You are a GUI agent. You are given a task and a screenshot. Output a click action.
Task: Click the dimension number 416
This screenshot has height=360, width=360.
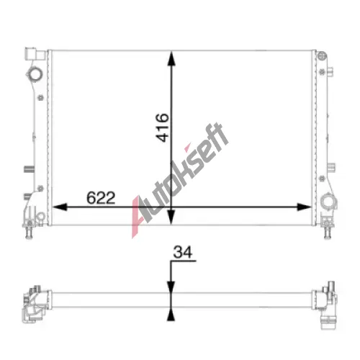click(x=163, y=127)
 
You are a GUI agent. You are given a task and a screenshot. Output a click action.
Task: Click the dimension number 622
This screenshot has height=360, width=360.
click(x=101, y=198)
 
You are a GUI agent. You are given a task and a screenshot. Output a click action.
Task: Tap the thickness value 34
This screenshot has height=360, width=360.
click(x=183, y=252)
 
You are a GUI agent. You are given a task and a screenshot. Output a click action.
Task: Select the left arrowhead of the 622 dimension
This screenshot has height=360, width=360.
click(x=60, y=207)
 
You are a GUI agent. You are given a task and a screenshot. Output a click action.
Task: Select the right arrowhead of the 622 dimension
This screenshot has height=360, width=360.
click(x=304, y=207)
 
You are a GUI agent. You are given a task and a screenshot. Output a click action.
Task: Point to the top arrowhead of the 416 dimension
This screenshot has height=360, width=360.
click(x=171, y=58)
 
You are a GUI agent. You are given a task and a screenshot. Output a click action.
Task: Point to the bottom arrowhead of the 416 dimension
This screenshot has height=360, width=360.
click(x=171, y=217)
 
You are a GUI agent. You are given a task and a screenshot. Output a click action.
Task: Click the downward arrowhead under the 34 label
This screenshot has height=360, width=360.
click(x=171, y=287)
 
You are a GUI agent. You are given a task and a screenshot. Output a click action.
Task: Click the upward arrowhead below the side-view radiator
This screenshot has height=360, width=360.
click(x=171, y=315)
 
